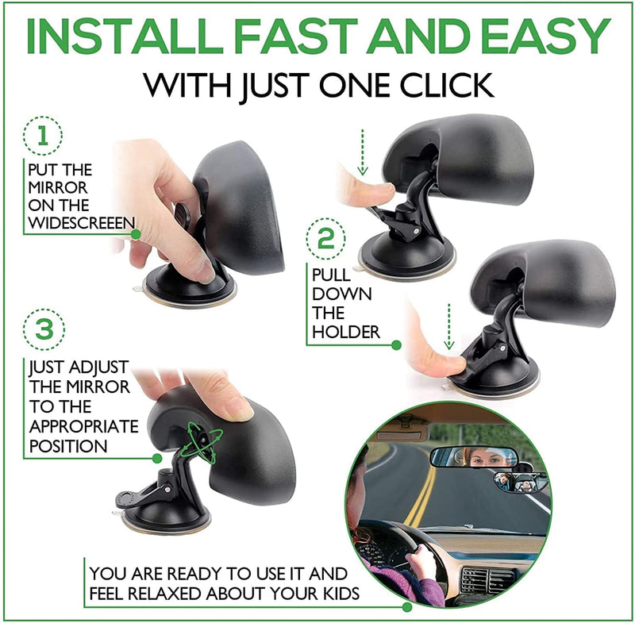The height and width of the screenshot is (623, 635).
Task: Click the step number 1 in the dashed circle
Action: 43,136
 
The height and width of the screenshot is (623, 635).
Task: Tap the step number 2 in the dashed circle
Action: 325,239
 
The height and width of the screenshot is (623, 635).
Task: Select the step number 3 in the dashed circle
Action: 44,329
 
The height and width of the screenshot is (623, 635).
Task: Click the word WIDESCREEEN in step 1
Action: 82,223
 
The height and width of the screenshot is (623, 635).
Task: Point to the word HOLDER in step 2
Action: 346,333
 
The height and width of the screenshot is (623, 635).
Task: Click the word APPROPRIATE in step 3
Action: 84,427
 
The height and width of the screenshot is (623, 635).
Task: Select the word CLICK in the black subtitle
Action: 447,85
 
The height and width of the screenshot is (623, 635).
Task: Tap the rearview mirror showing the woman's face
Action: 473,457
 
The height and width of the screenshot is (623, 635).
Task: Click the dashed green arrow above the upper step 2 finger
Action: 363,152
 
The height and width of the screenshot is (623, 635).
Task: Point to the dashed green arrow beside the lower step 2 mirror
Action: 448,326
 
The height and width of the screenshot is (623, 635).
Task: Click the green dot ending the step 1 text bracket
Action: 136,234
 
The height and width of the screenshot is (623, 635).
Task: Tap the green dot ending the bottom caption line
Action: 407,607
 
